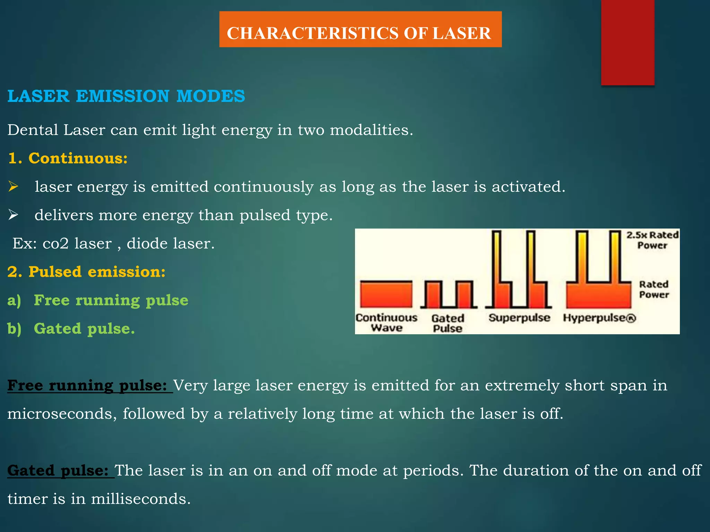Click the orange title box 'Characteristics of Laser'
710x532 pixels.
(360, 29)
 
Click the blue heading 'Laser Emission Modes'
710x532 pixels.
(126, 96)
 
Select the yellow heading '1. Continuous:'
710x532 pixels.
(68, 158)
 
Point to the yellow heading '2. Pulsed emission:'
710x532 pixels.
(87, 272)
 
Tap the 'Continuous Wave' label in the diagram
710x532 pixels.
(386, 323)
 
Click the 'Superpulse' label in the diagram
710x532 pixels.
(519, 318)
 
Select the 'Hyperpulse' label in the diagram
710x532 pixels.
(599, 318)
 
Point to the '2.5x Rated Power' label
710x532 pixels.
(652, 240)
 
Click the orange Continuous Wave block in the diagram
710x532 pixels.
(386, 294)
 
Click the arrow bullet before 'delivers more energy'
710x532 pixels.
(14, 215)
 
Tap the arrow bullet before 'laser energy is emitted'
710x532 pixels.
(14, 187)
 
